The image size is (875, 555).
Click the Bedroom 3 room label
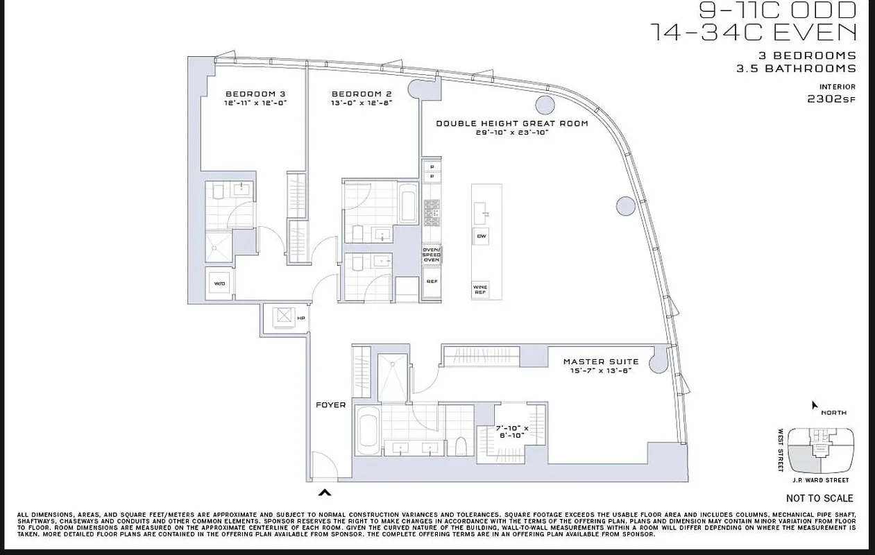click(x=255, y=94)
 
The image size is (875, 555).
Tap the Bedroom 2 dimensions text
click(x=362, y=103)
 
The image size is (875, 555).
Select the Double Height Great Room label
click(x=511, y=123)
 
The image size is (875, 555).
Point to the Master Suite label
click(x=600, y=361)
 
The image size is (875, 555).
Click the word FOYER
click(x=330, y=404)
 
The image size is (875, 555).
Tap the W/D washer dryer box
click(x=219, y=284)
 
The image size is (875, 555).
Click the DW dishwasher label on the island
click(x=481, y=237)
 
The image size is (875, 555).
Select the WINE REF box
click(x=480, y=289)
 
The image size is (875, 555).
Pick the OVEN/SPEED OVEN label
click(x=432, y=254)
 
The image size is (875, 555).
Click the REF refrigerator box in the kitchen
click(x=432, y=282)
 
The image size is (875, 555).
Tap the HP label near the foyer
click(x=301, y=318)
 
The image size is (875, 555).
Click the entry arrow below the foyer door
click(x=324, y=493)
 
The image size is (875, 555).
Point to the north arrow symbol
click(x=815, y=404)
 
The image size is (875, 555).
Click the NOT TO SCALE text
click(x=819, y=498)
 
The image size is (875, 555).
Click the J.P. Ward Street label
click(x=819, y=480)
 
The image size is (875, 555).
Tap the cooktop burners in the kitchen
click(x=432, y=212)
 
